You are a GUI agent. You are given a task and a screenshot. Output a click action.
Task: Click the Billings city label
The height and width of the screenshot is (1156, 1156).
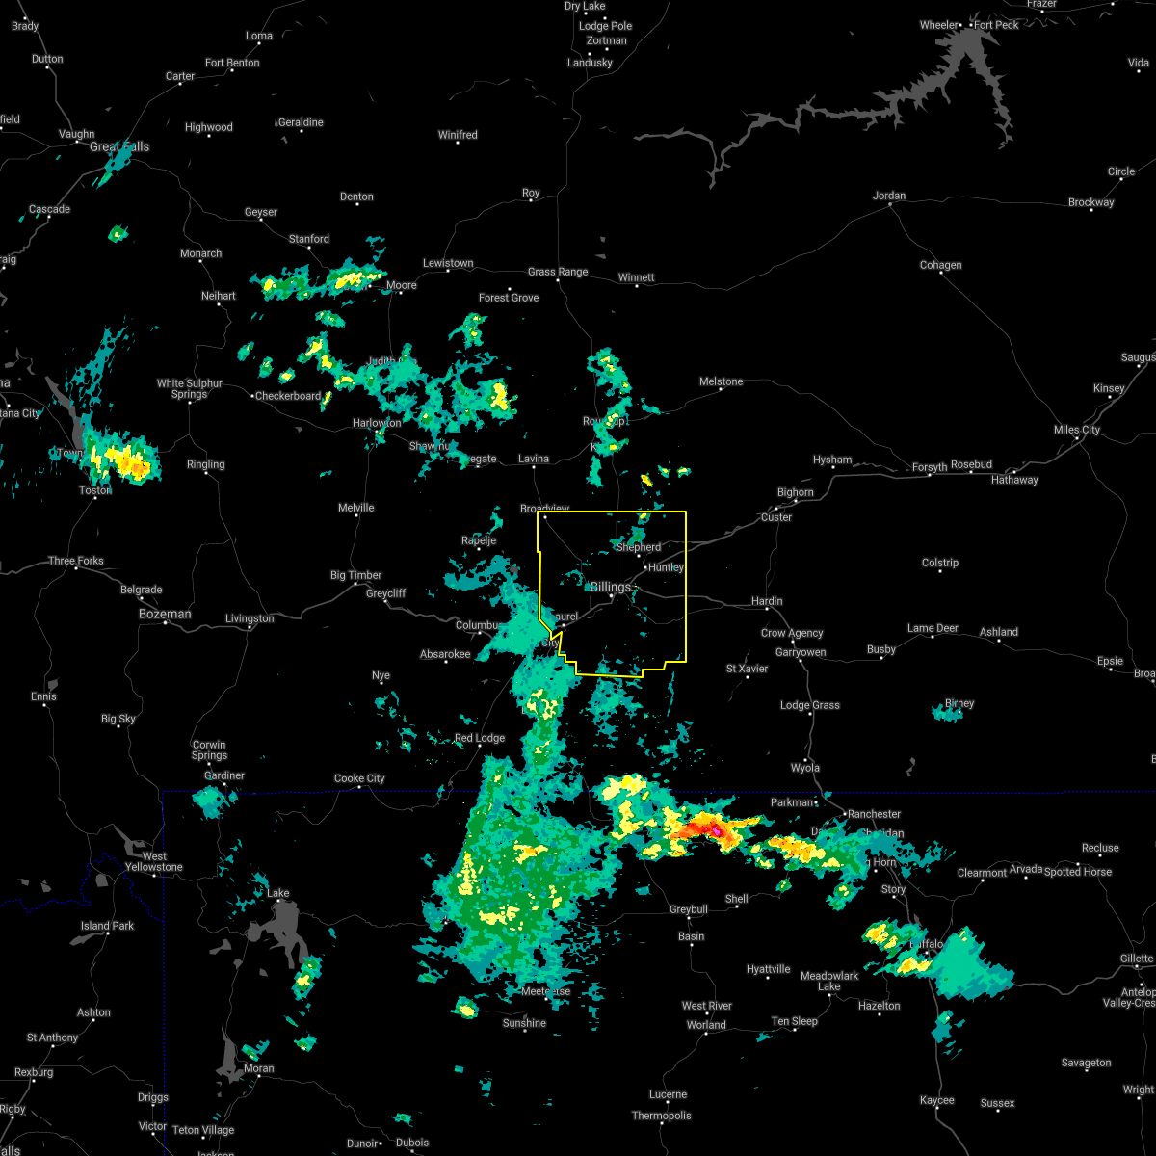[611, 587]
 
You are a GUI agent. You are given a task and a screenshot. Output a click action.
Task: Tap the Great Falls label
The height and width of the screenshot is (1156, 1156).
[119, 147]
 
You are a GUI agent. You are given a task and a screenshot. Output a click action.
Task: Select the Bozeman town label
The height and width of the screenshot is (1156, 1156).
[165, 614]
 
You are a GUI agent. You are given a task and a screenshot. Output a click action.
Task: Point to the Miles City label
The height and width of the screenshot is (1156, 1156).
[1076, 430]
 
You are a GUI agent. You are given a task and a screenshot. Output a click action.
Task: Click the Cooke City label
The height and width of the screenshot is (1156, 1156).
[359, 778]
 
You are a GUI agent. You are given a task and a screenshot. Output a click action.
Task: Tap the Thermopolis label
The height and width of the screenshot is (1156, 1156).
[661, 1116]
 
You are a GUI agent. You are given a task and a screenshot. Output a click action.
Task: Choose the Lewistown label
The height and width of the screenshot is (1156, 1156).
[448, 263]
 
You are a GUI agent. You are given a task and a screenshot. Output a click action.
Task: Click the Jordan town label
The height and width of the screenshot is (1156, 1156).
[889, 196]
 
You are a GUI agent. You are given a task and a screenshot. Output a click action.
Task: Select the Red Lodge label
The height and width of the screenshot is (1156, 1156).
[480, 738]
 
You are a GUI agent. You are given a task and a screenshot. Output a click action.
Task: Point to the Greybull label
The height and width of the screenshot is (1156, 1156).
[689, 909]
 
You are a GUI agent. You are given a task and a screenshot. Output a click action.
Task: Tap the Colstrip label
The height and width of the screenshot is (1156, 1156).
[940, 563]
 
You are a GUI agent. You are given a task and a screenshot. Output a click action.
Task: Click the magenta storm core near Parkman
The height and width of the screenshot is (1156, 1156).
[716, 829]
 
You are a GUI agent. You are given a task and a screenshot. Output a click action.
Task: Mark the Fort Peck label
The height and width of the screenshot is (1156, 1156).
[996, 25]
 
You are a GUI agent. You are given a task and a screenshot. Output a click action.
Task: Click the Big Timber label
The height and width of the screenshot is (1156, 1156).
[356, 575]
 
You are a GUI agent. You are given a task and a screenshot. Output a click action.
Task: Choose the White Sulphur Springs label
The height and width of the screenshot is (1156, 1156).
[190, 388]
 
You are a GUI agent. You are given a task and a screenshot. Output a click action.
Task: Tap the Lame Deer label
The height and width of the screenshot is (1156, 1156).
[933, 628]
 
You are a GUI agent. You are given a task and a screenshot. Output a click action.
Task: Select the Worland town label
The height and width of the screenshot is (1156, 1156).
[706, 1025]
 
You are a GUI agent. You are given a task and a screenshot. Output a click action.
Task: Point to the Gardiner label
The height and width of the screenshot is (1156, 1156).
[224, 775]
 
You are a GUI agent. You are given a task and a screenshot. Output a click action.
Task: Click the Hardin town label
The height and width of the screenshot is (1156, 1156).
[767, 601]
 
